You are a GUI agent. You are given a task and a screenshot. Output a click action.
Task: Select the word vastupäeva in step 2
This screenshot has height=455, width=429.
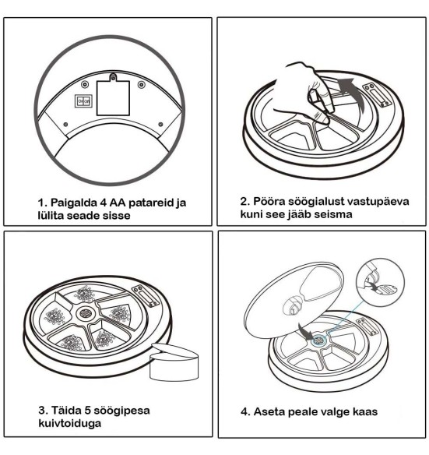coord(366,200)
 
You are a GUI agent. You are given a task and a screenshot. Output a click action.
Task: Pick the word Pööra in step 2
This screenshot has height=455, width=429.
coord(262,200)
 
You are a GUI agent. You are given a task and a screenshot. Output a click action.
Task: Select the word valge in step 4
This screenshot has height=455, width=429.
coord(346,411)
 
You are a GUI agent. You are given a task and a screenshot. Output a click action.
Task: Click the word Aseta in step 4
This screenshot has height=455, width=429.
coord(268,411)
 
